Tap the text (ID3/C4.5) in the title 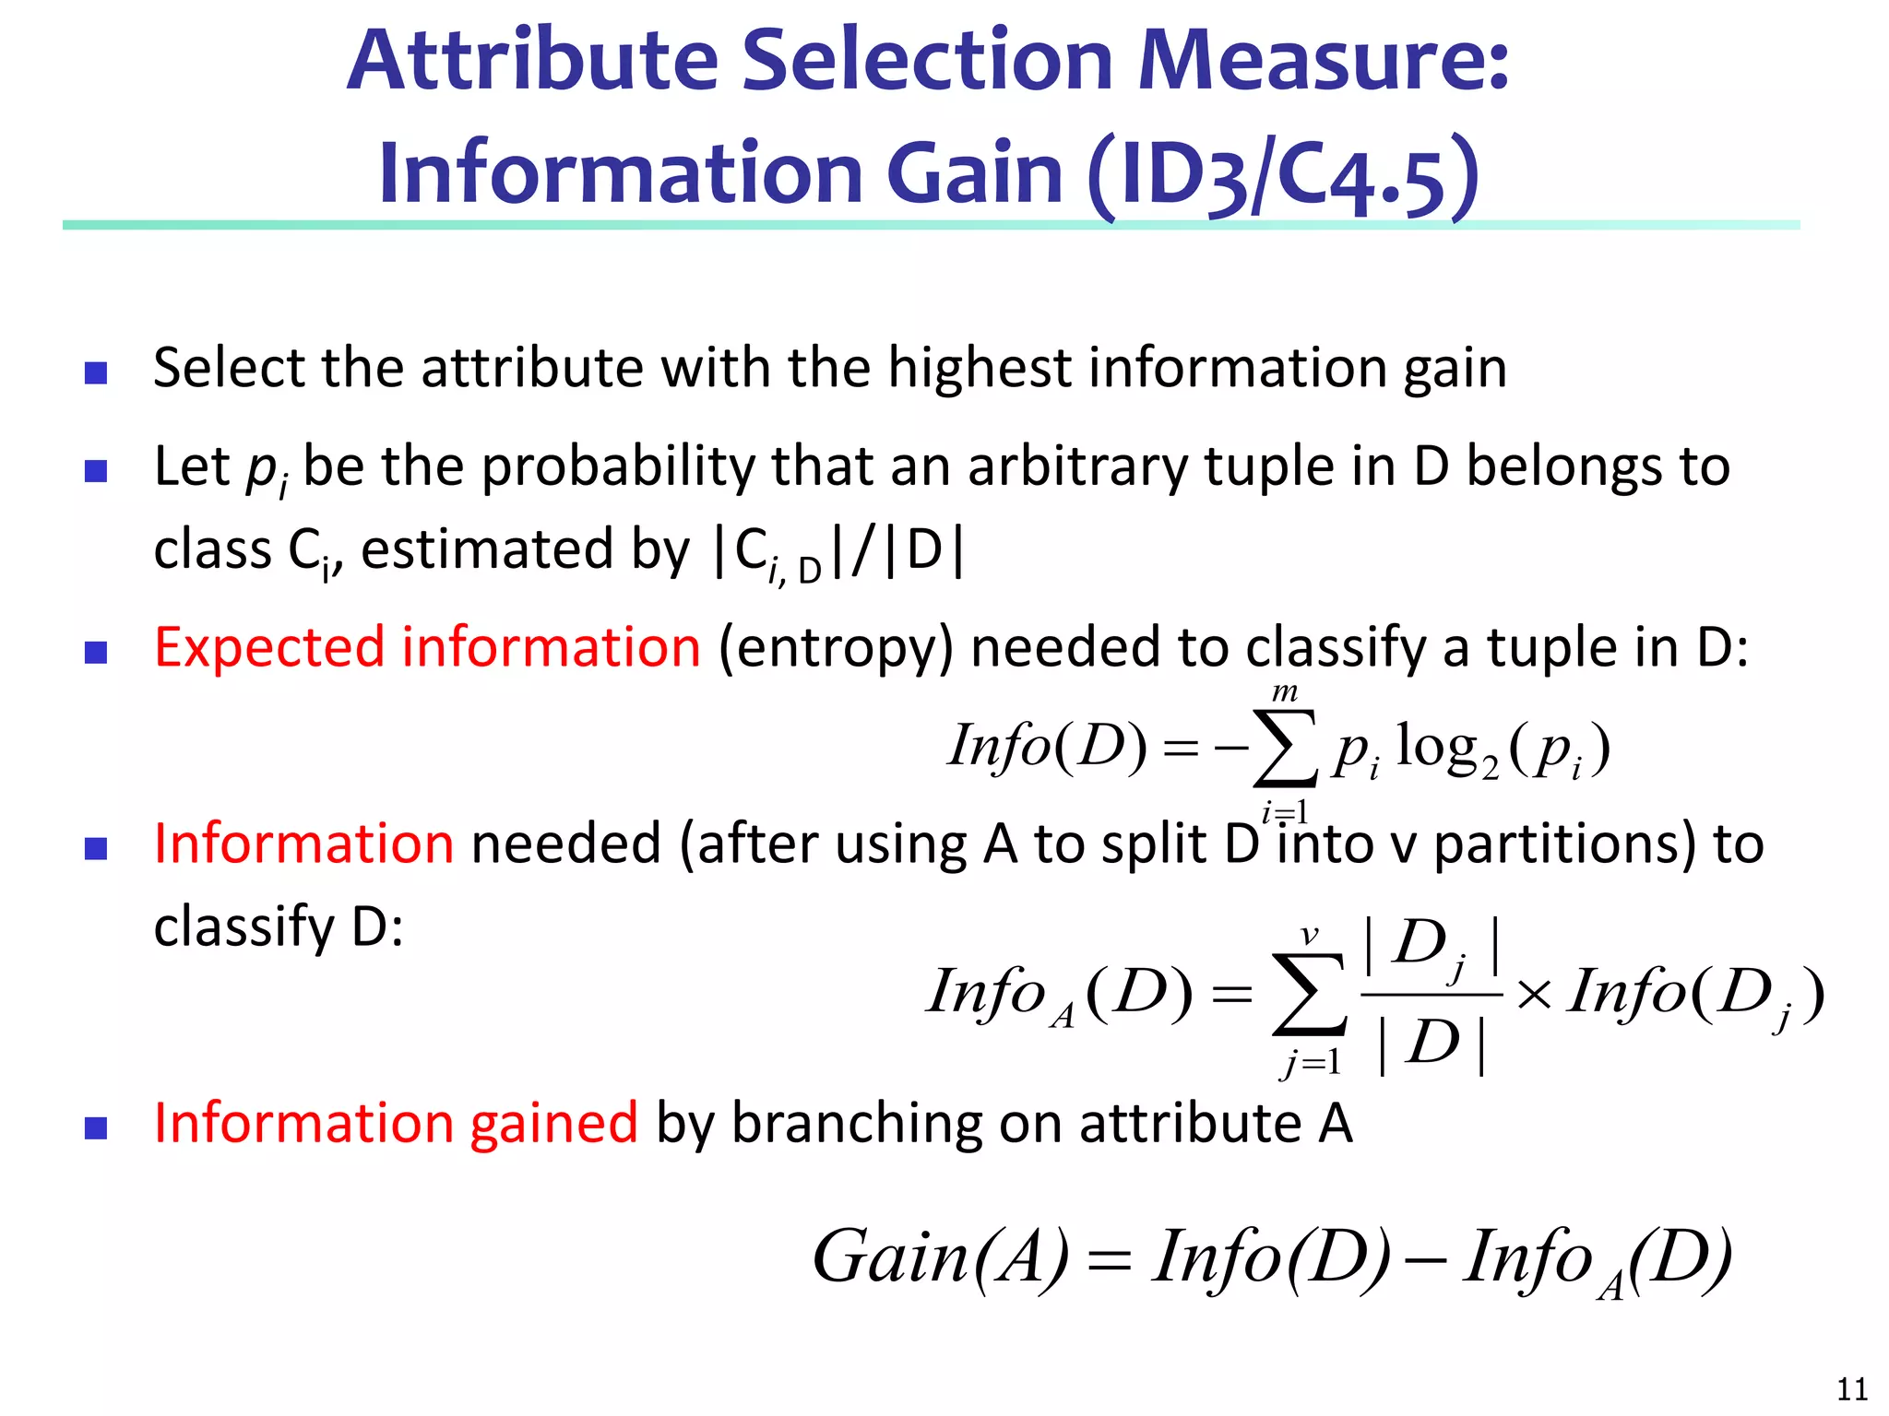[1283, 175]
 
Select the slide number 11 [1852, 1388]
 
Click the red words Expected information [427, 647]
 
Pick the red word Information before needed [303, 844]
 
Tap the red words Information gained [396, 1123]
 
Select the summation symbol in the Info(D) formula [1284, 749]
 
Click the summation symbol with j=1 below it [1308, 995]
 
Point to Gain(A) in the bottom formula [940, 1257]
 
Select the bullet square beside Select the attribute [96, 372]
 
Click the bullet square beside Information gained [96, 1127]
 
